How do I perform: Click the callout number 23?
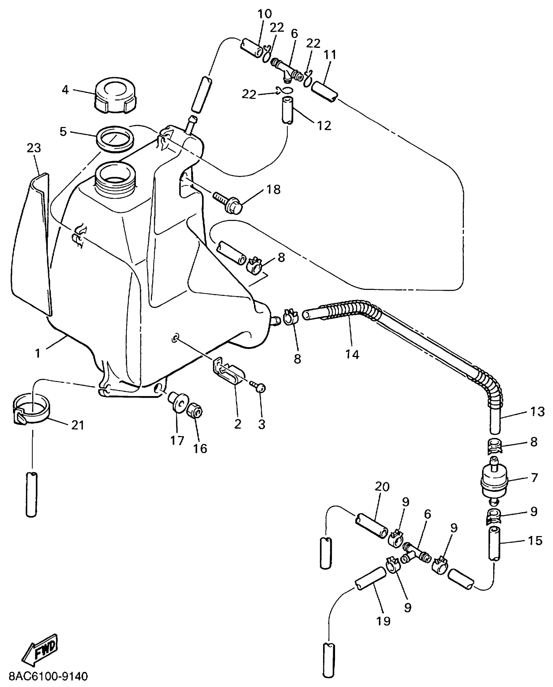point(34,148)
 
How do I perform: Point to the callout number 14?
point(352,354)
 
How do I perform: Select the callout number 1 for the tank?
point(38,353)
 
